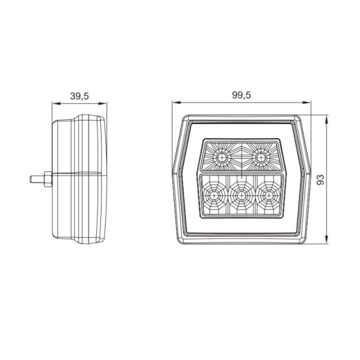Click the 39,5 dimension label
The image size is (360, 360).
(x=80, y=96)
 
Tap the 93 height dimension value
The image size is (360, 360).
(x=321, y=179)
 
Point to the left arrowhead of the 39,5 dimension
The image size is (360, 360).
(x=55, y=104)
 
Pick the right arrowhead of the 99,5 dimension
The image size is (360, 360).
(x=307, y=104)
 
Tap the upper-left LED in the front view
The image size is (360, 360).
(x=221, y=157)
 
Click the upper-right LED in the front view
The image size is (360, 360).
(x=259, y=157)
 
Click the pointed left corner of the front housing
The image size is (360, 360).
(x=173, y=173)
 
